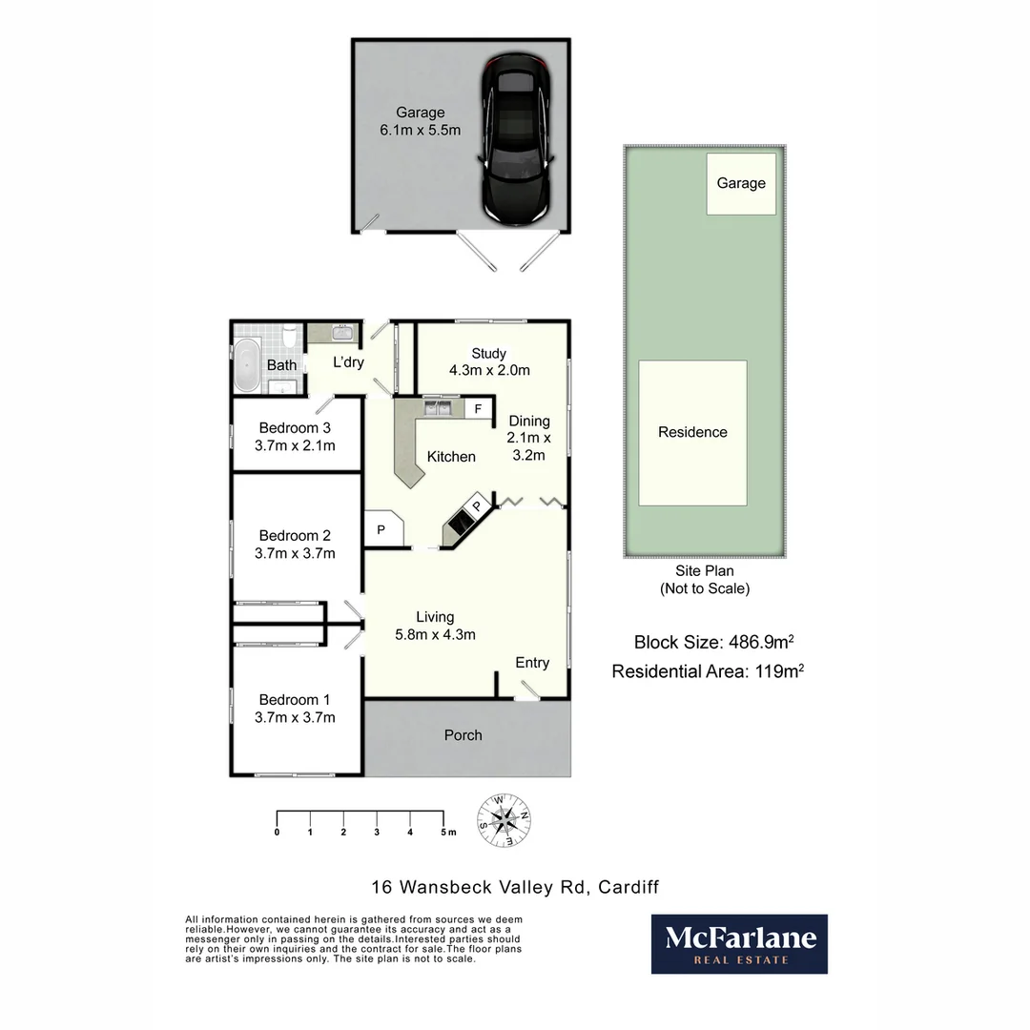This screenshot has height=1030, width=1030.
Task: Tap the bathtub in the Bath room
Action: (x=246, y=364)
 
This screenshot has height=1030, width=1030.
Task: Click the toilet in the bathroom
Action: (x=289, y=337)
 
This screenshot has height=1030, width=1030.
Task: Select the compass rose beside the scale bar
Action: (x=505, y=819)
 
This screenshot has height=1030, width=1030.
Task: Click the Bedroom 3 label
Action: (x=295, y=427)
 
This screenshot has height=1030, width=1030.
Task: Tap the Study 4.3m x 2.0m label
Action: (x=488, y=361)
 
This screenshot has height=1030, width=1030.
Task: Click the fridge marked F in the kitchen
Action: (x=478, y=409)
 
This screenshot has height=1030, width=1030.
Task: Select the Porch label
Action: (x=463, y=735)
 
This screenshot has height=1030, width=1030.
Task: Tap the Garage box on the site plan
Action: (x=741, y=183)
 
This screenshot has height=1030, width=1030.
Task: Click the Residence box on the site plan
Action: (x=692, y=432)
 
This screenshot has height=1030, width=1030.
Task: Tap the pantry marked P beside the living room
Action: (x=381, y=529)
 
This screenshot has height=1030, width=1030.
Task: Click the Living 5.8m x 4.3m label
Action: (x=435, y=626)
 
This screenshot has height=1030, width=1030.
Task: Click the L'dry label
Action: (x=348, y=362)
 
